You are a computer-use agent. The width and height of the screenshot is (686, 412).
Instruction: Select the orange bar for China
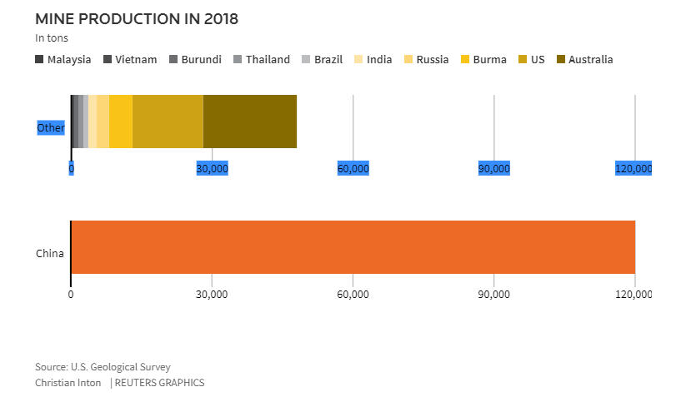[x=353, y=247]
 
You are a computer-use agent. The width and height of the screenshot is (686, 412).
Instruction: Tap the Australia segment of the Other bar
[x=250, y=122]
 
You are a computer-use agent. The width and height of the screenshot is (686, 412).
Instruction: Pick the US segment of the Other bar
[x=168, y=122]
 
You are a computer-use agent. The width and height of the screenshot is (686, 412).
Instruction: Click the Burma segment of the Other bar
[x=121, y=122]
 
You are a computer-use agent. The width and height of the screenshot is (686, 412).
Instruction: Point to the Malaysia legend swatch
[x=40, y=60]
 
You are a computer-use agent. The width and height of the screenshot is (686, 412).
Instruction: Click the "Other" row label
[x=51, y=128]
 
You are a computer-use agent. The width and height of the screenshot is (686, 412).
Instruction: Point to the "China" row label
[x=50, y=254]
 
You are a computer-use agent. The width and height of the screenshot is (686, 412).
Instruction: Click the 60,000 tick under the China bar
[x=353, y=294]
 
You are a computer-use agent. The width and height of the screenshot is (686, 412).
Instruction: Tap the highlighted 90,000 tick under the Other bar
[x=493, y=169]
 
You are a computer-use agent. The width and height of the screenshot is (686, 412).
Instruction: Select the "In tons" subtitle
[x=52, y=38]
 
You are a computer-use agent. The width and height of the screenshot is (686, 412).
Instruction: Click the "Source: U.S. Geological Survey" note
[x=103, y=367]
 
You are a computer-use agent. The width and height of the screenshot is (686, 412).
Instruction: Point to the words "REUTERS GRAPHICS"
[x=159, y=383]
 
